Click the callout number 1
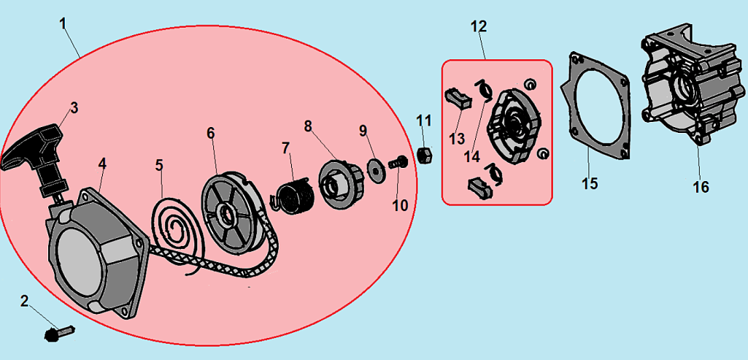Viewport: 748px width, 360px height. pyautogui.click(x=63, y=23)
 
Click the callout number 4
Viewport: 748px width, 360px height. pyautogui.click(x=103, y=164)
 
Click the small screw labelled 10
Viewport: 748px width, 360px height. pyautogui.click(x=398, y=162)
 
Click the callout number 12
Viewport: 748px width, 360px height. pyautogui.click(x=479, y=26)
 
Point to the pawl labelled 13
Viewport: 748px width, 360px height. pyautogui.click(x=458, y=99)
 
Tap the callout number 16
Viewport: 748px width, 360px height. pyautogui.click(x=701, y=187)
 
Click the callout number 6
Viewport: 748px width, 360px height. pyautogui.click(x=210, y=133)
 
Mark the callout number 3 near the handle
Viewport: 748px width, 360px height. pyautogui.click(x=74, y=108)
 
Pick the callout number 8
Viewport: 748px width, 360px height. pyautogui.click(x=308, y=126)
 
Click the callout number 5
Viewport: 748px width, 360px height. pyautogui.click(x=159, y=165)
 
